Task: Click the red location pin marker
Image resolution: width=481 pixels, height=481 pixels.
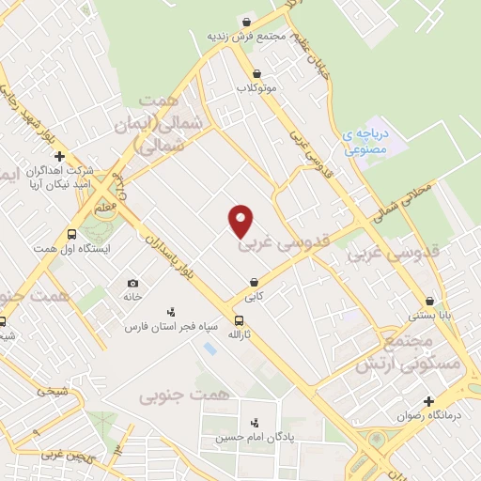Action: (x=241, y=220)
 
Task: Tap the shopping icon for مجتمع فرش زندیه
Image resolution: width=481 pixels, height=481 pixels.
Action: (x=246, y=23)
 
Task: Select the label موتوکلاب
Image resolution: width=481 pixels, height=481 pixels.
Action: (x=256, y=88)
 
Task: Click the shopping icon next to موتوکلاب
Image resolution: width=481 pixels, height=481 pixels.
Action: (x=256, y=73)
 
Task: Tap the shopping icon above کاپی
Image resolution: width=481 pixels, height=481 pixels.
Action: (x=254, y=282)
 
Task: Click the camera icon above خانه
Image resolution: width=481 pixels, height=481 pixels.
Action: (x=132, y=283)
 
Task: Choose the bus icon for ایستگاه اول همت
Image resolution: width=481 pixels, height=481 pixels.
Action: (x=71, y=234)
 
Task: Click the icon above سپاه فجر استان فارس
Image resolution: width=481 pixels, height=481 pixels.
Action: (x=171, y=312)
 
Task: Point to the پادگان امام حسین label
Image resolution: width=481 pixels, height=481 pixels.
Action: (x=250, y=437)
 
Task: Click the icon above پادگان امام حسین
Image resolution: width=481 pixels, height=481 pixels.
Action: (x=254, y=422)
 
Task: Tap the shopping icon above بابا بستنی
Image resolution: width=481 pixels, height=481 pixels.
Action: (x=430, y=302)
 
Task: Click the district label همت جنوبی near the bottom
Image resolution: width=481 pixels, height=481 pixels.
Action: (x=172, y=396)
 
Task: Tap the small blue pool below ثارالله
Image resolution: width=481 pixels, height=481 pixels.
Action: (x=209, y=349)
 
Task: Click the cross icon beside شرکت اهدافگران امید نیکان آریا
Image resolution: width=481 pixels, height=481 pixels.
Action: (x=59, y=156)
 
